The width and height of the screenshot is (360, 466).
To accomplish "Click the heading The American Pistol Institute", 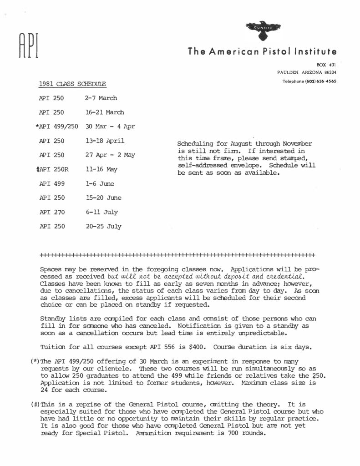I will [262, 51].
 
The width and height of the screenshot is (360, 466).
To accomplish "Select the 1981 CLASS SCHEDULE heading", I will [72, 84].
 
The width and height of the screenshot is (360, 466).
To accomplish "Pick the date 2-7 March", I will [101, 98].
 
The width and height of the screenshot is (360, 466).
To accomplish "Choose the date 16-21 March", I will [104, 112].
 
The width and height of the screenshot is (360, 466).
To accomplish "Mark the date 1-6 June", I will [100, 183].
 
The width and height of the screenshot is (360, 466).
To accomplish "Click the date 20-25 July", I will [103, 226].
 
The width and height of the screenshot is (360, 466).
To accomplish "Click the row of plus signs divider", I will [177, 253].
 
